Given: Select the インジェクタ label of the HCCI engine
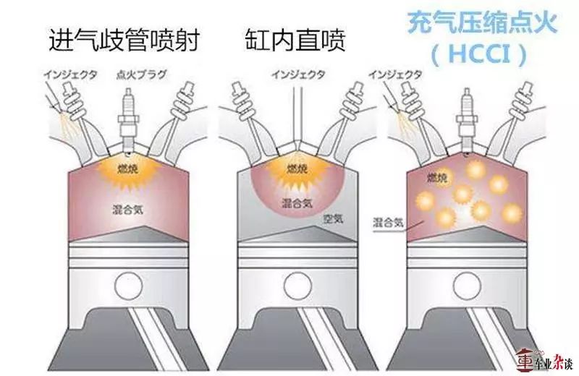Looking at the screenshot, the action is (x=394, y=74).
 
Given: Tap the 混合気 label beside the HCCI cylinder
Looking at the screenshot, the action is (x=387, y=221).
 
